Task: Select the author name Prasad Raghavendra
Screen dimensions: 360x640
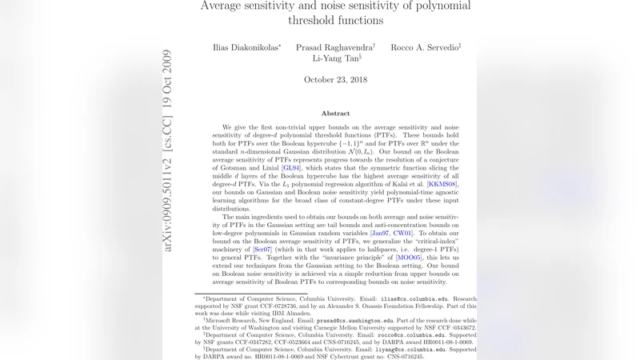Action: [x=335, y=47]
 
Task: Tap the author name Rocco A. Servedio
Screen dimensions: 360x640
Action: [x=425, y=47]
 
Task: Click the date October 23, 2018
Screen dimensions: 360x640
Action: [x=335, y=80]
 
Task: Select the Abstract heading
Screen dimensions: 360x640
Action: [x=335, y=114]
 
